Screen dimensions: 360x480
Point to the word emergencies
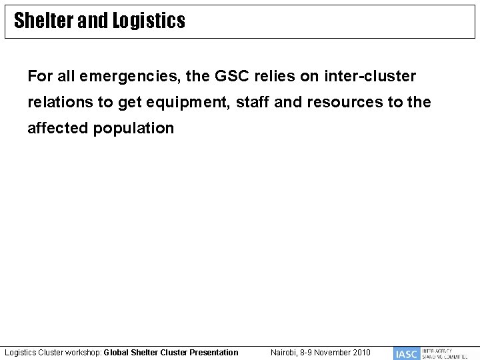tap(133, 77)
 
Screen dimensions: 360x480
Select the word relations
tap(59, 103)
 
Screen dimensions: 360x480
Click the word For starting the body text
tap(39, 77)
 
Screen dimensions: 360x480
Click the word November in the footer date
tap(331, 352)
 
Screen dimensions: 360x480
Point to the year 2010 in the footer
tap(361, 352)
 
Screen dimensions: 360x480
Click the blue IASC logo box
tap(406, 353)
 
